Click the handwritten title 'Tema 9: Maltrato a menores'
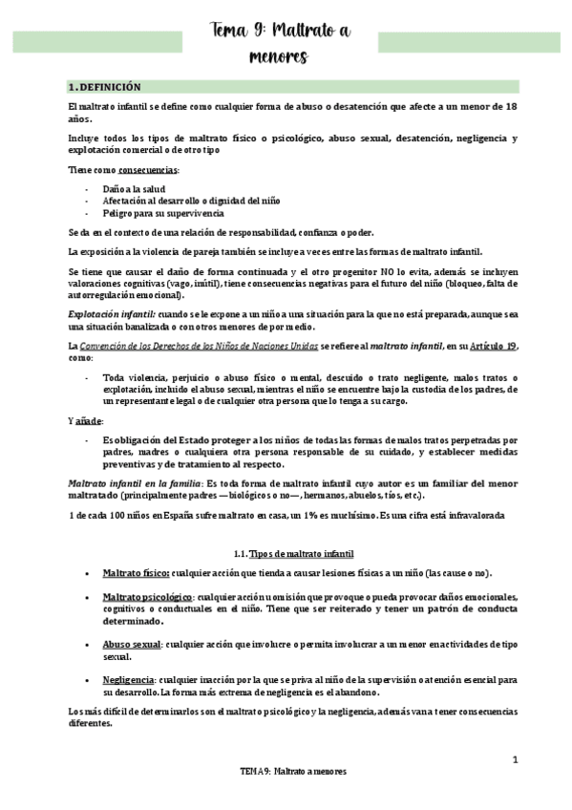point(280,44)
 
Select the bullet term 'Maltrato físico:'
point(137,572)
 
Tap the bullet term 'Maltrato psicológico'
point(146,594)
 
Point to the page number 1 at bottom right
point(514,760)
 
